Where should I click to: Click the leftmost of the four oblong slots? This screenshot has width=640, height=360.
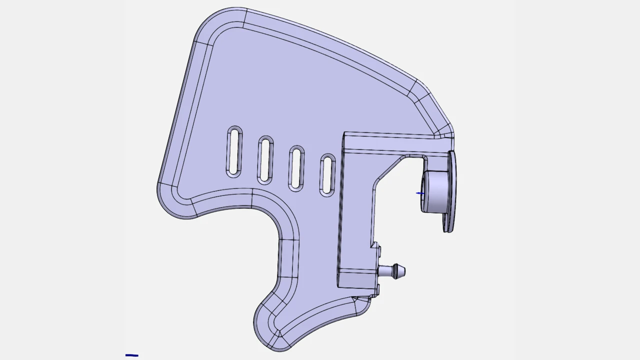point(234,152)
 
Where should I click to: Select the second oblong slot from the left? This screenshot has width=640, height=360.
point(265,160)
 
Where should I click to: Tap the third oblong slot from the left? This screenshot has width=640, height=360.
point(296,168)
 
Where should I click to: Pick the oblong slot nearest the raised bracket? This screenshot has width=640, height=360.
point(327,174)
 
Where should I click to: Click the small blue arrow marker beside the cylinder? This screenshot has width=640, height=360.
point(420,193)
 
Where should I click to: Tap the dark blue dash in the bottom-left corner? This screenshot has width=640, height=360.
point(132,355)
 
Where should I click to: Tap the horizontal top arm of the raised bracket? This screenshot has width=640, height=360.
point(395,142)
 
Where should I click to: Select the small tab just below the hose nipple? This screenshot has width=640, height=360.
point(377,289)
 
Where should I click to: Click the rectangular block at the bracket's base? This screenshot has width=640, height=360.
point(356,278)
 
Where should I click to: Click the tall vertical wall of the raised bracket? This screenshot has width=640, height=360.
point(356,210)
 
